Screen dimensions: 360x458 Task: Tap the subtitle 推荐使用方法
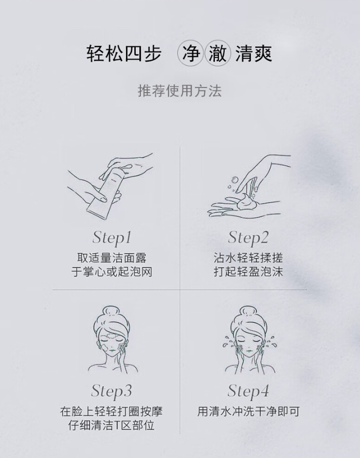pos(180,91)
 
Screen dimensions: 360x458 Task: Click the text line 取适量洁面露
pos(112,258)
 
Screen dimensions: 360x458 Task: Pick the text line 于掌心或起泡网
pos(112,272)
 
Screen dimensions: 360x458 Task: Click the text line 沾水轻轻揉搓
pos(248,258)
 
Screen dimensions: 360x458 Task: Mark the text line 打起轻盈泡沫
pos(248,272)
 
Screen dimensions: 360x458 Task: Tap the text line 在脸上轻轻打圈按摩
pos(111,412)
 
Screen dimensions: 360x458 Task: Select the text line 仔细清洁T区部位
pos(111,425)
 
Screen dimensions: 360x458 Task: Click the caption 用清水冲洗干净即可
pos(248,412)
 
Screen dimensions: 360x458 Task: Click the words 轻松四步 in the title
pos(124,54)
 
